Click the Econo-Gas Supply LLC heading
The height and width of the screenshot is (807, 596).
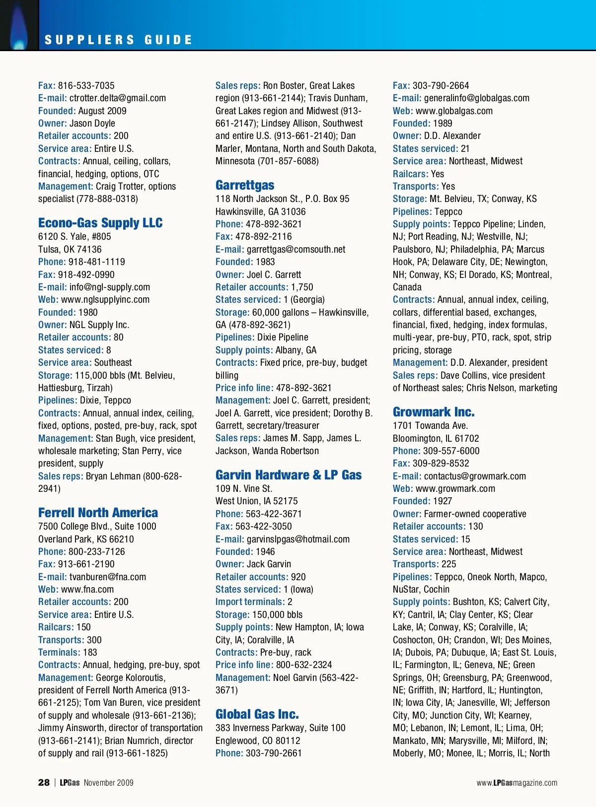coord(100,223)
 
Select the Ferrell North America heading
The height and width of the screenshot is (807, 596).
coord(98,513)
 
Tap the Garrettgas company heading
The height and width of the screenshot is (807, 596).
coord(245,185)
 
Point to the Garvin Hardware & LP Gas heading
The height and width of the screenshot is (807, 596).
coord(289,475)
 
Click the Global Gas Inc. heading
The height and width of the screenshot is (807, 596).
coord(257,714)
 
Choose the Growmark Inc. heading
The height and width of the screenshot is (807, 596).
coord(434,412)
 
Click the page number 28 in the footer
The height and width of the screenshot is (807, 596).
coord(44,783)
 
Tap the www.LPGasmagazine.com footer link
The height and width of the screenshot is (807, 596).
coord(517,783)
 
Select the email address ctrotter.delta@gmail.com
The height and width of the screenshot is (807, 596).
coord(118,98)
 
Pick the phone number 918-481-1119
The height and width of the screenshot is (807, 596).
coord(97,262)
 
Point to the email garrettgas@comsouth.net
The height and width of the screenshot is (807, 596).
coord(296,250)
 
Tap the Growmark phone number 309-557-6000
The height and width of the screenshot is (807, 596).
coord(451,451)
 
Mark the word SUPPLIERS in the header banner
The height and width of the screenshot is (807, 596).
coord(89,40)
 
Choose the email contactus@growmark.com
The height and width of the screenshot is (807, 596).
coord(475,476)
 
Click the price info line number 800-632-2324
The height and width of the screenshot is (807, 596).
coord(304,665)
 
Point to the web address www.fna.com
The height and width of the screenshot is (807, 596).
coord(87,590)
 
